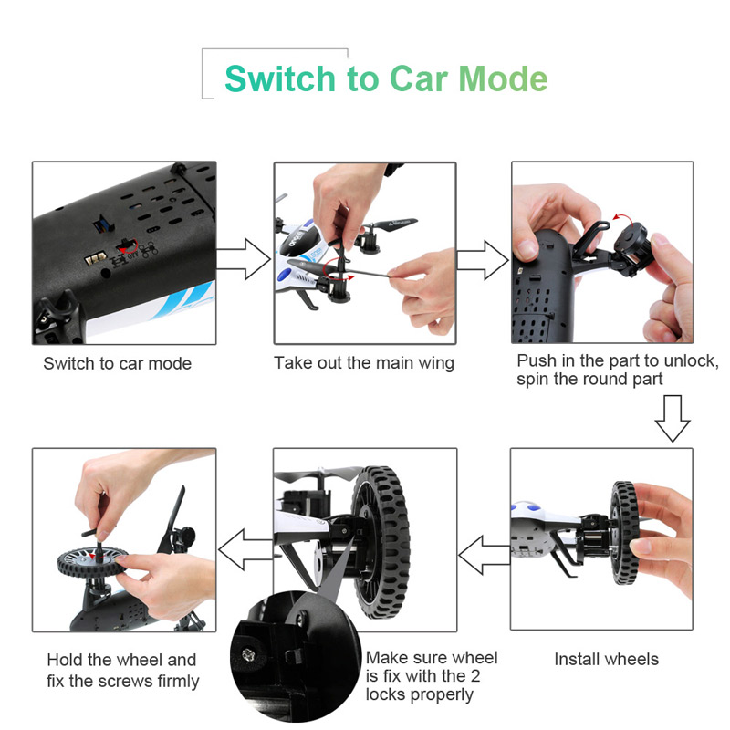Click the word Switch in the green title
click(x=280, y=78)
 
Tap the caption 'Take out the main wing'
click(x=364, y=362)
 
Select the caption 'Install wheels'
click(x=606, y=659)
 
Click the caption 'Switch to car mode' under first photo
click(x=118, y=363)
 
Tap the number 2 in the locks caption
click(x=475, y=675)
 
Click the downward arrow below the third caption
click(x=673, y=418)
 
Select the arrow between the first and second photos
click(x=244, y=259)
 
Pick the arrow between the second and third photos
click(x=483, y=260)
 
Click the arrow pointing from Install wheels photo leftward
click(x=485, y=555)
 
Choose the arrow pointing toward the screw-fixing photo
click(x=245, y=550)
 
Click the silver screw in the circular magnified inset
click(x=248, y=655)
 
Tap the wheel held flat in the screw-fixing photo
click(x=92, y=562)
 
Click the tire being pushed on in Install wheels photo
click(x=623, y=533)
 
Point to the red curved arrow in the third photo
click(x=622, y=217)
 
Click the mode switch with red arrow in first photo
click(x=127, y=245)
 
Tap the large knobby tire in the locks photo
click(x=381, y=542)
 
